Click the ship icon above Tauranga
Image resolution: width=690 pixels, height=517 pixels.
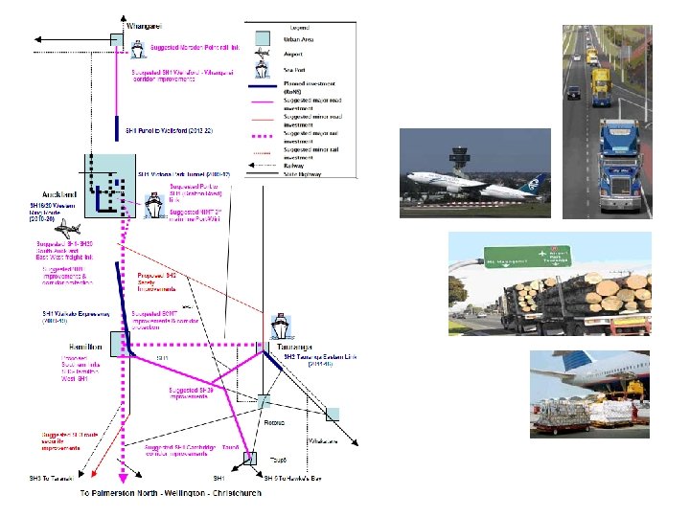coord(279,328)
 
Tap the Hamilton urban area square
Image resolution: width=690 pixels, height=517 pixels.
coord(119,342)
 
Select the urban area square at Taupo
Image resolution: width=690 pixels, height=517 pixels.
coord(250,458)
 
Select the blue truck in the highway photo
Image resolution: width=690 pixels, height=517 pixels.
coord(620,174)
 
